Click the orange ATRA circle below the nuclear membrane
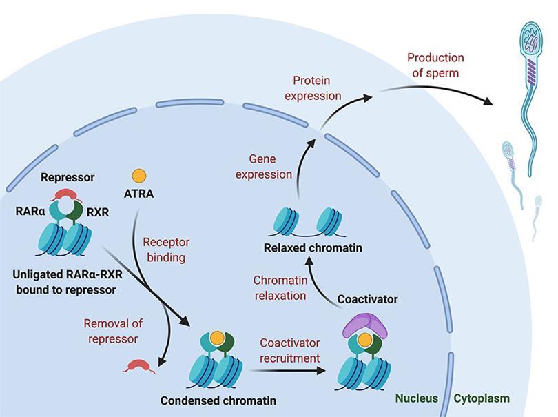[x=139, y=175]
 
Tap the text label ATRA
[x=139, y=194]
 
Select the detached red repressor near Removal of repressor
[x=138, y=365]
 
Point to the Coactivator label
[x=368, y=299]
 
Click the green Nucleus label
[x=416, y=398]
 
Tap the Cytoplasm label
[x=482, y=398]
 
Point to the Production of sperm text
[x=435, y=65]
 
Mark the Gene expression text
[x=264, y=167]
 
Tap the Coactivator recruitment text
[x=289, y=350]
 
